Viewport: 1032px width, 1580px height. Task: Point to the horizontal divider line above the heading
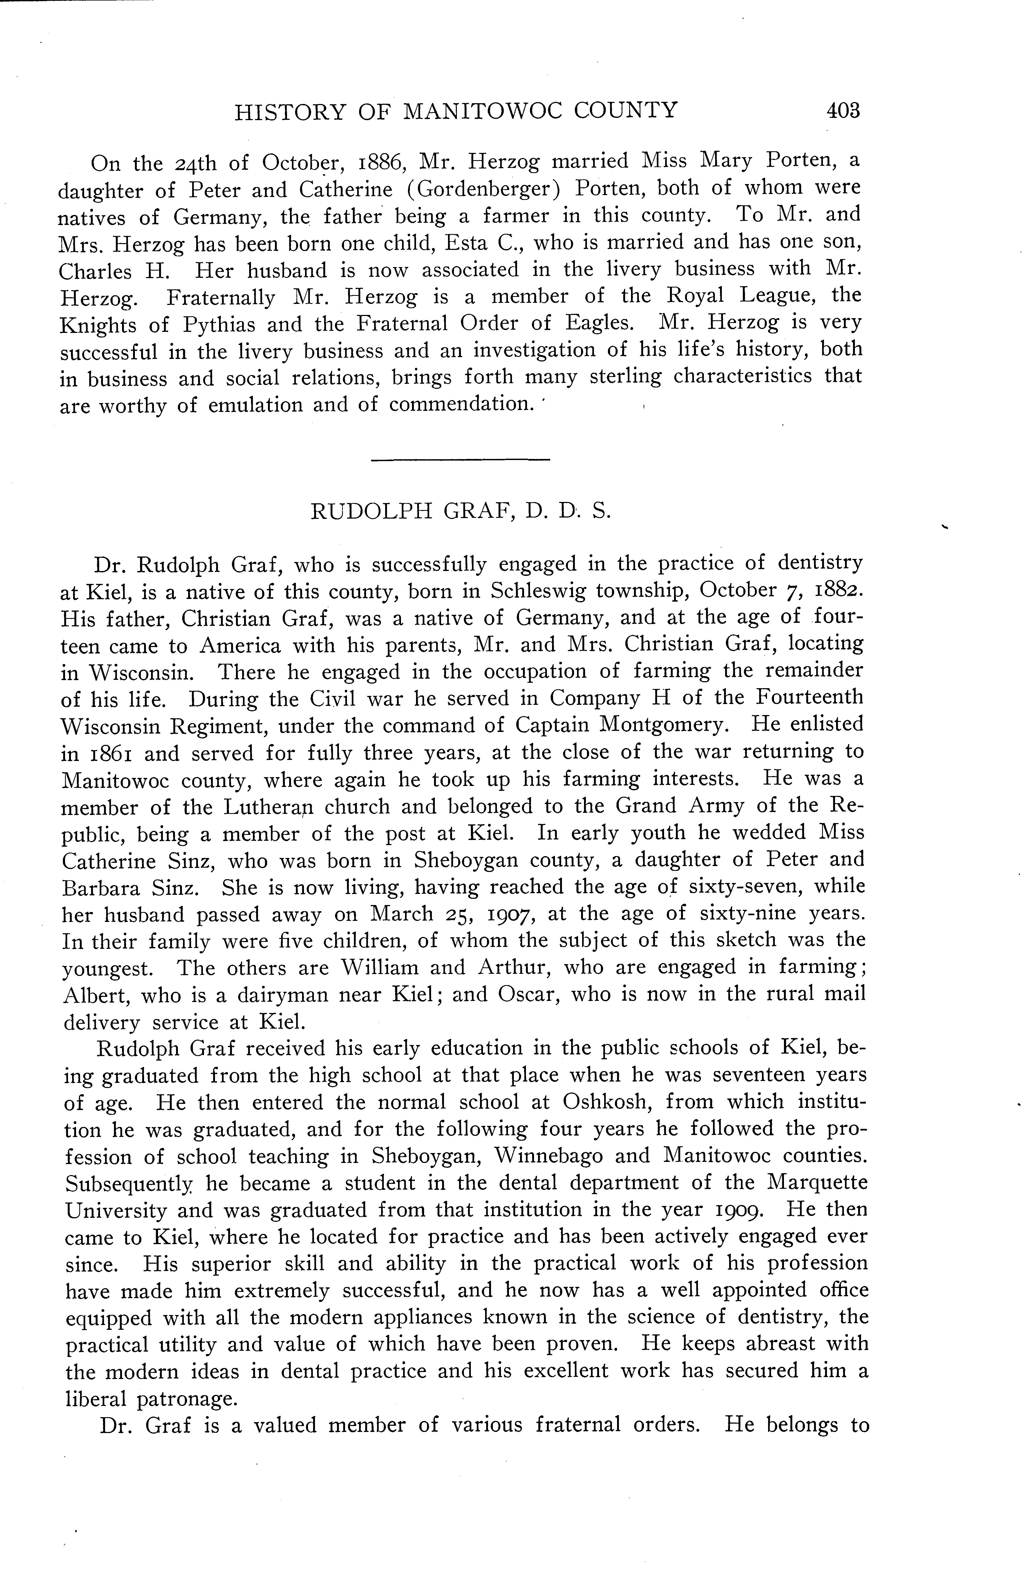click(x=460, y=459)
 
